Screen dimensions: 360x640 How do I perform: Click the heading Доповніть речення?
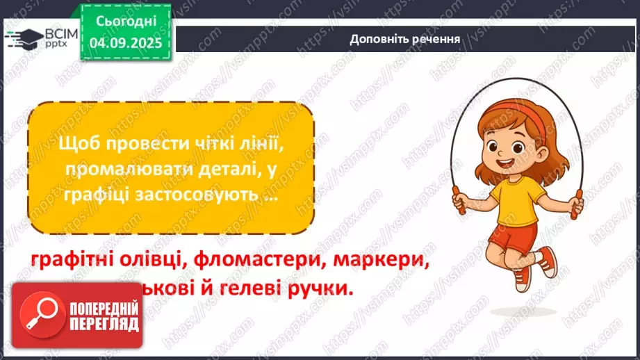[x=405, y=39]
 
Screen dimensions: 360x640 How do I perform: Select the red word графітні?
[x=72, y=260]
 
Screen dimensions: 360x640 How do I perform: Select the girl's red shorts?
[x=513, y=234]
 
